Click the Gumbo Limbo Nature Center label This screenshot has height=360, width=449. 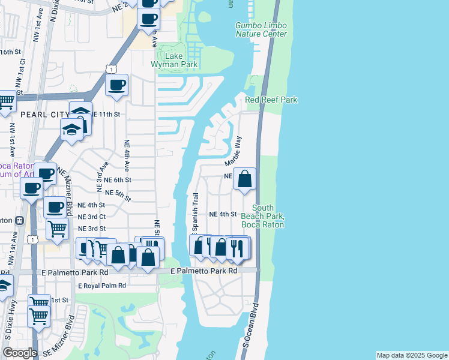261,29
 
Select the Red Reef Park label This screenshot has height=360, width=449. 271,100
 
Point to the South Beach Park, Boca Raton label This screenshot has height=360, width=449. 267,216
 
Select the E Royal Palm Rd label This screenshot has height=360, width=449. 106,286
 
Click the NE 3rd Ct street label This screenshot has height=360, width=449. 91,216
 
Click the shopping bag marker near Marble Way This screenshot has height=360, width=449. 245,179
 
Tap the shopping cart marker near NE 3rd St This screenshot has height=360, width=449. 57,229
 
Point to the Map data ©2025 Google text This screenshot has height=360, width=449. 412,355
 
